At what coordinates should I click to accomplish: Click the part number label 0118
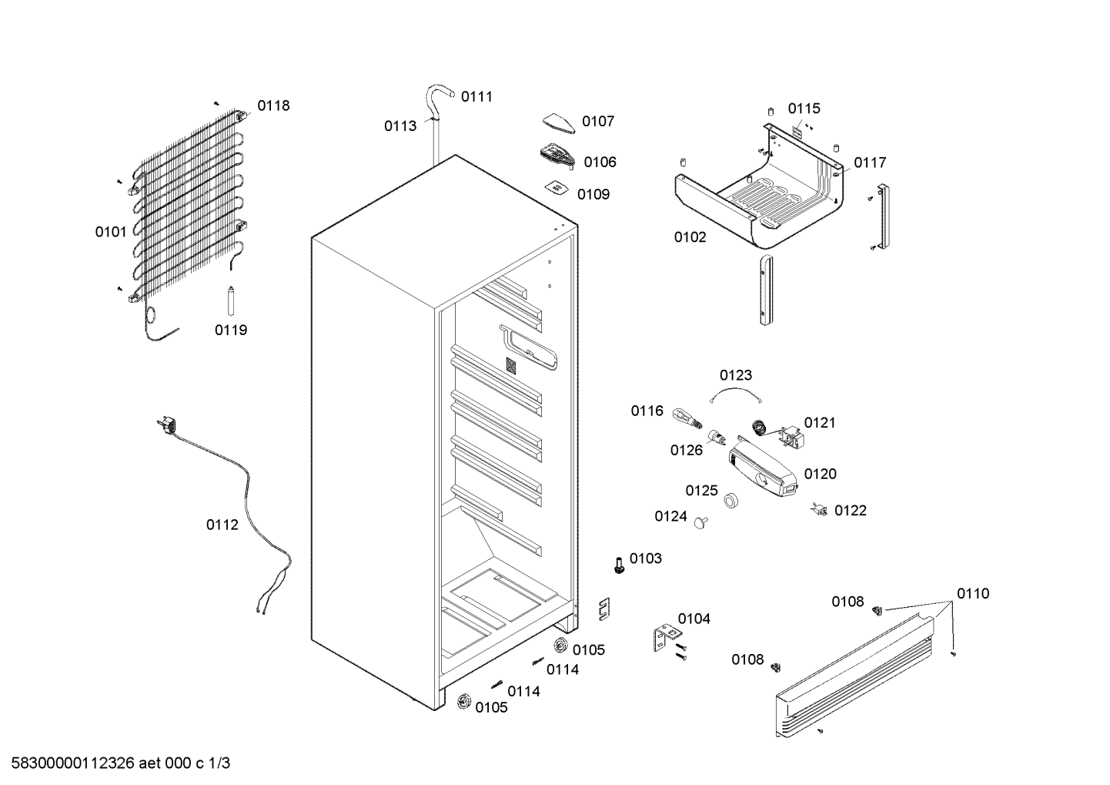[x=273, y=106]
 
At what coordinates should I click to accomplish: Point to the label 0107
[x=597, y=121]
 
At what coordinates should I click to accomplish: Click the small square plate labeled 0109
[x=557, y=188]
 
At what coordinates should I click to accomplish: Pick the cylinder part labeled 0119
[x=230, y=300]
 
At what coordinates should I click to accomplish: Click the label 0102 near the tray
[x=690, y=237]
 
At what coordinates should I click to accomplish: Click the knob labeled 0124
[x=700, y=522]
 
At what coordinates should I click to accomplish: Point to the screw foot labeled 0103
[x=618, y=565]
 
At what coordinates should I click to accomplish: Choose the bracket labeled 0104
[x=666, y=638]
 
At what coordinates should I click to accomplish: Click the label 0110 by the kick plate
[x=973, y=594]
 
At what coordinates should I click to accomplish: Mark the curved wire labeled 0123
[x=735, y=391]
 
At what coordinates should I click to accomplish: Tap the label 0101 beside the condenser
[x=111, y=232]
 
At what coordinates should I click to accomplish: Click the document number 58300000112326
[x=73, y=763]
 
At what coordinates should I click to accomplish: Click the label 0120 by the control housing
[x=820, y=474]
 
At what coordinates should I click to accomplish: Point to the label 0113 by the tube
[x=400, y=126]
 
